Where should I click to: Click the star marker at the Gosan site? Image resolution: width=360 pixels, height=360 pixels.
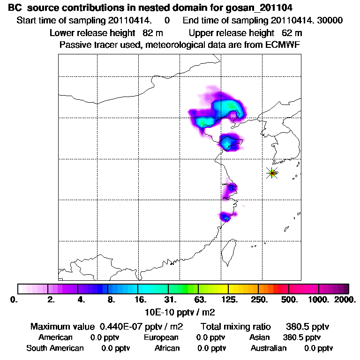pos(272,173)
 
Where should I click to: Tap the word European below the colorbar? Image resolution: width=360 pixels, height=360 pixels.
pos(161,337)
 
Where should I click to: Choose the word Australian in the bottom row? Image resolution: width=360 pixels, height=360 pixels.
pos(268,348)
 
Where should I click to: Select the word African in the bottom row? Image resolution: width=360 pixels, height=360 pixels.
pos(167,348)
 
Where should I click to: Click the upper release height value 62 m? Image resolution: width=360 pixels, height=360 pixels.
pos(292,33)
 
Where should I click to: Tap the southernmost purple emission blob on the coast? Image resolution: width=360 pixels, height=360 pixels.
pos(226,217)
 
